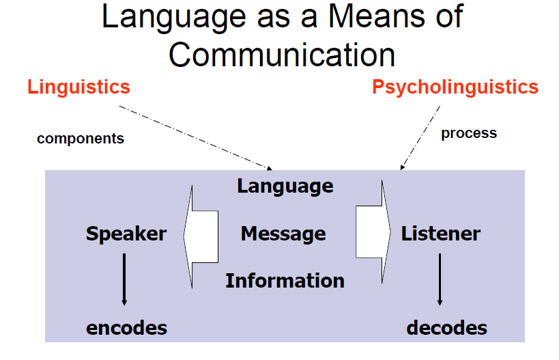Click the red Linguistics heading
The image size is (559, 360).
pos(78,87)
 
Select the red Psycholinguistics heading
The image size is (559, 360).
pos(455,87)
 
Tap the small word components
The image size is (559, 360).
pos(81,139)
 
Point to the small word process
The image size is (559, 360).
pos(469,133)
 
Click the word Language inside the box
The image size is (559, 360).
pos(285,186)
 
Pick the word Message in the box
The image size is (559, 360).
pos(283,234)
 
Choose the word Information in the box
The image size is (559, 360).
pos(285,281)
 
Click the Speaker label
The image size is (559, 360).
pos(126,234)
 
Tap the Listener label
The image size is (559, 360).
pos(441,234)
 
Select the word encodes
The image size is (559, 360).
pos(126,329)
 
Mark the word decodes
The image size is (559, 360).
pos(447,328)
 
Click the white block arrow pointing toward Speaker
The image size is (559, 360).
pos(201,234)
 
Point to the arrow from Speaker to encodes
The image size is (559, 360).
pos(124,279)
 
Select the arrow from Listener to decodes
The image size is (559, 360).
pos(440,279)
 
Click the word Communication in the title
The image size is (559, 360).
pos(282,55)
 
